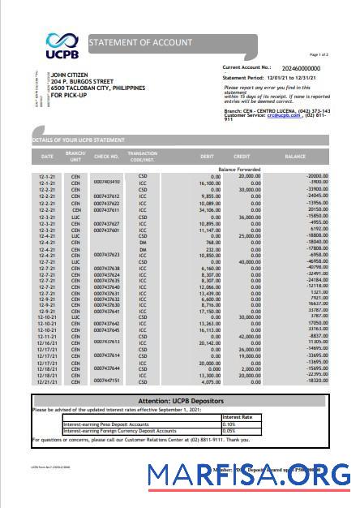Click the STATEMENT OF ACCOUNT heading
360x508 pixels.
click(x=140, y=42)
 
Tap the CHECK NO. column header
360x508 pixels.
click(x=106, y=155)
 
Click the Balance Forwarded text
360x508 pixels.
click(x=238, y=169)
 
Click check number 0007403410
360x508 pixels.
click(x=106, y=182)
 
